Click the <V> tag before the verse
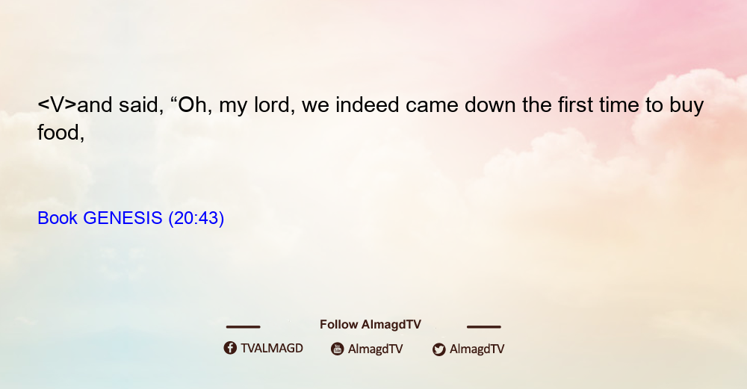tap(57, 105)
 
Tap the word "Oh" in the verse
tap(192, 105)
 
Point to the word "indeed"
tap(367, 105)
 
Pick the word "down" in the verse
tap(490, 105)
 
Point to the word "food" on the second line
tap(59, 132)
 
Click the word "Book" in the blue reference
tap(58, 218)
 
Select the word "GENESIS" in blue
tap(123, 218)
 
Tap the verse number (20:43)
tap(196, 219)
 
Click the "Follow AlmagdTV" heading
tap(371, 325)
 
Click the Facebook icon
tap(230, 348)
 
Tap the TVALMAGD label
tap(272, 349)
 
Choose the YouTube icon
tap(338, 349)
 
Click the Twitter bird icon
tap(438, 349)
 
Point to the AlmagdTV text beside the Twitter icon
tap(477, 349)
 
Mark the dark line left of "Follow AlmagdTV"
tap(243, 326)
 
